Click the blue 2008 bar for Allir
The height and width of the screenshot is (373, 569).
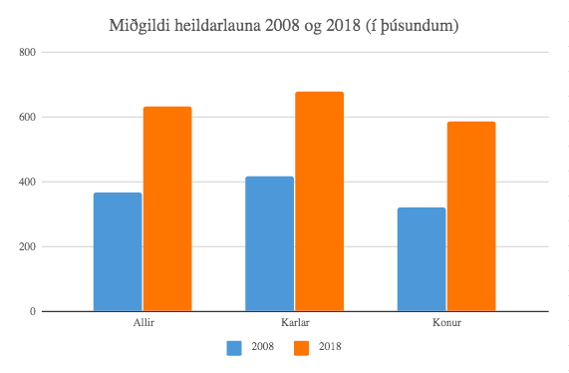pyautogui.click(x=118, y=251)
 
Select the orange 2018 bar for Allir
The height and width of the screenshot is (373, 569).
pyautogui.click(x=166, y=208)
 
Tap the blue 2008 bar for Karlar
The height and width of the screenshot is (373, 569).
pyautogui.click(x=269, y=243)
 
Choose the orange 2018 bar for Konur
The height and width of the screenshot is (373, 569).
pyautogui.click(x=470, y=216)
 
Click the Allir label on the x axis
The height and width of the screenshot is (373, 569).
pyautogui.click(x=142, y=323)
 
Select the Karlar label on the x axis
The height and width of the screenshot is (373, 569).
pyautogui.click(x=294, y=323)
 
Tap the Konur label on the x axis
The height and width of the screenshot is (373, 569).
pyautogui.click(x=446, y=323)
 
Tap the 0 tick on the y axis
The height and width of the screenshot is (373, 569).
pyautogui.click(x=32, y=311)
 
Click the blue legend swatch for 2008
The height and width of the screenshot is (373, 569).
pyautogui.click(x=235, y=348)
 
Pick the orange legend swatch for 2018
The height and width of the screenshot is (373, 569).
pyautogui.click(x=301, y=348)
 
